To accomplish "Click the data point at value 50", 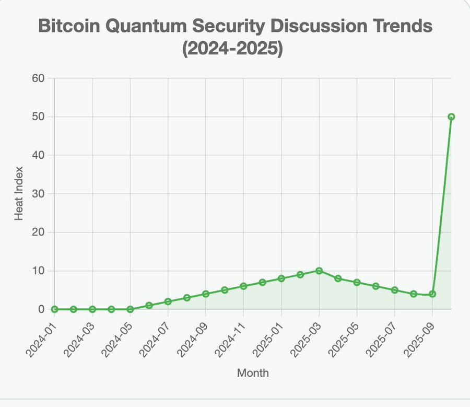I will [x=451, y=117].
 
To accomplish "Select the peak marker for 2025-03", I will [x=319, y=271].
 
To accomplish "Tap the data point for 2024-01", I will [x=55, y=309].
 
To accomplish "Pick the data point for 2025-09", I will [x=432, y=294].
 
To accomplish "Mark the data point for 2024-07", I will [x=168, y=301].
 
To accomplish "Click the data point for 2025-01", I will [x=281, y=278].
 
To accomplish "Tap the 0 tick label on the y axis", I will [x=42, y=309].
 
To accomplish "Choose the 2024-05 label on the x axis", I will [x=118, y=330].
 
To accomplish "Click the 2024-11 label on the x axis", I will [x=231, y=330].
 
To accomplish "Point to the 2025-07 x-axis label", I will [x=382, y=330].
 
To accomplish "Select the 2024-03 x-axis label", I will [x=80, y=330].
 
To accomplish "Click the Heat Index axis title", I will [x=19, y=193].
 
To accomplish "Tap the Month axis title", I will [x=253, y=373].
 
